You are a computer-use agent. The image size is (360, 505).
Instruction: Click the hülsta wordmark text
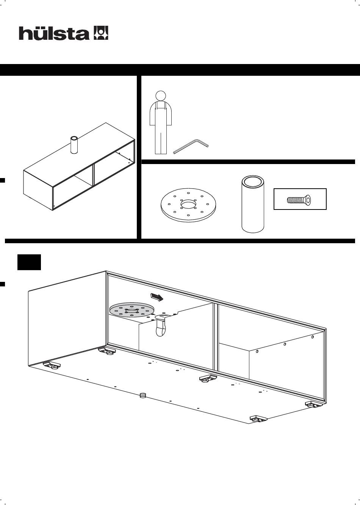point(54,33)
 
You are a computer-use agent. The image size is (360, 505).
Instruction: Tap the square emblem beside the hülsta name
point(101,33)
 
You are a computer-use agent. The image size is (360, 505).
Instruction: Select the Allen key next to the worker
point(191,146)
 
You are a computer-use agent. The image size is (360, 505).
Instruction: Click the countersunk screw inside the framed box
point(299,199)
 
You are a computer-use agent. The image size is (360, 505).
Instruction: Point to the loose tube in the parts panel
point(253,204)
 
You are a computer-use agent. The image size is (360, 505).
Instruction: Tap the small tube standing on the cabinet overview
point(74,145)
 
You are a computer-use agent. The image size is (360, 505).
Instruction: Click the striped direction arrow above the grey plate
point(157,297)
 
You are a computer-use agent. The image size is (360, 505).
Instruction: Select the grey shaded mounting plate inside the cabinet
point(132,310)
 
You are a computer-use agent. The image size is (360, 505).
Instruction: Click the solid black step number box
point(29,262)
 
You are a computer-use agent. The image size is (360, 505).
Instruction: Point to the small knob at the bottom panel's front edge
point(143,395)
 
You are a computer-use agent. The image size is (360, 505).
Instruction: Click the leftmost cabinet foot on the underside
point(52,365)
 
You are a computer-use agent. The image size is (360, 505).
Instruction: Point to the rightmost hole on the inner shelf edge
point(312,337)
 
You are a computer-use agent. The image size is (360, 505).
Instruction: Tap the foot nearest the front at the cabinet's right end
point(258,419)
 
